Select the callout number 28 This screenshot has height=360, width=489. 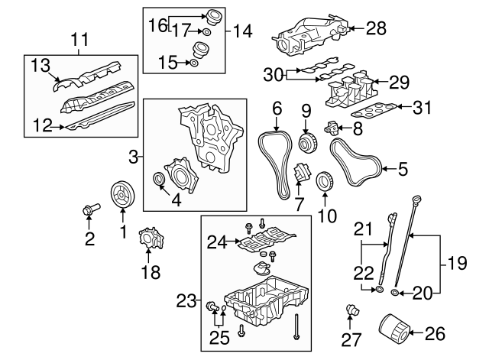[376, 29]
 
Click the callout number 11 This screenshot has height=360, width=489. [80, 37]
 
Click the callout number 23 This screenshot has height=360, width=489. [186, 302]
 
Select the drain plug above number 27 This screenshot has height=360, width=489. [351, 311]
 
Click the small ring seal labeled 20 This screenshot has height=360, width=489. [394, 292]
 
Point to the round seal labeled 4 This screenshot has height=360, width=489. [160, 180]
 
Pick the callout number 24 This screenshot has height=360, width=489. [218, 243]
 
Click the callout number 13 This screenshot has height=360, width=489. [41, 66]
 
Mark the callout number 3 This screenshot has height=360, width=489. [133, 158]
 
